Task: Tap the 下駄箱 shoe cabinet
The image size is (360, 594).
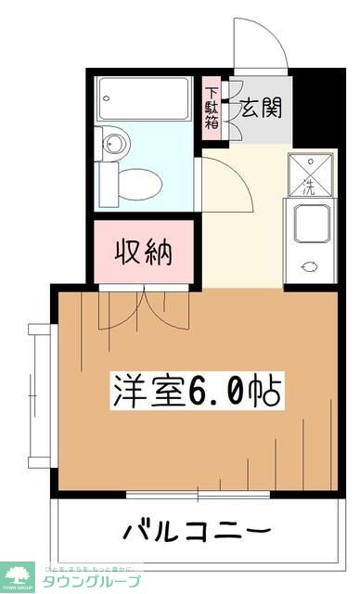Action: [213, 111]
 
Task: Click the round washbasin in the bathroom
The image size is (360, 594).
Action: [114, 143]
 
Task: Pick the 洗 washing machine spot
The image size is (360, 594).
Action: [310, 174]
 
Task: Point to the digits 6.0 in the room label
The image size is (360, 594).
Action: [224, 391]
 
